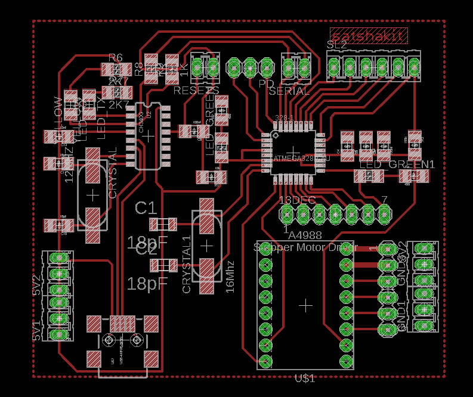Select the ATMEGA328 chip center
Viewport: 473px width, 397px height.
click(292, 150)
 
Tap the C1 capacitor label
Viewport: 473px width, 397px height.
click(146, 208)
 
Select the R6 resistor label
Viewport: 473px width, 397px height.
click(116, 58)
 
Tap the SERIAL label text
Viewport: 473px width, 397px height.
click(289, 91)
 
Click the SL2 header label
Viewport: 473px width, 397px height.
click(337, 45)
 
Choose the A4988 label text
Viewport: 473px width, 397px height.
click(305, 235)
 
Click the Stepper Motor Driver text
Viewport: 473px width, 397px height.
click(305, 247)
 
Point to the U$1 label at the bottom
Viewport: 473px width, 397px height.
click(305, 378)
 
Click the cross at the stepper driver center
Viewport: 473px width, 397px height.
click(306, 306)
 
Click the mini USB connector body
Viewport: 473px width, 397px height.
click(123, 343)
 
